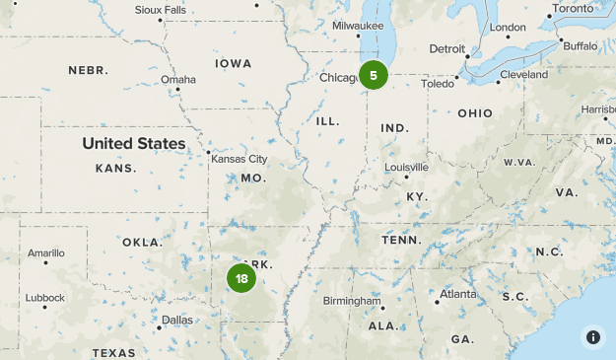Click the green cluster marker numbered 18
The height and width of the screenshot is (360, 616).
tap(241, 278)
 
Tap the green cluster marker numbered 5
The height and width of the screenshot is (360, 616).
tap(373, 75)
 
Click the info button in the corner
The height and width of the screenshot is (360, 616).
tap(592, 336)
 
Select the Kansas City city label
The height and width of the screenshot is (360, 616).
tap(238, 158)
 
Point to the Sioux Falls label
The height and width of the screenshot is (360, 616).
tap(159, 10)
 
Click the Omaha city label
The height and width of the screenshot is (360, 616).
tap(178, 80)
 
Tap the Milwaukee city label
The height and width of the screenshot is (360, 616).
tap(358, 26)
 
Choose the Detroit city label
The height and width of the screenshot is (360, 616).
tap(446, 48)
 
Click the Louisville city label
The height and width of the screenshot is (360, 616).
tap(406, 167)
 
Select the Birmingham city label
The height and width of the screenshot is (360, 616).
tap(352, 300)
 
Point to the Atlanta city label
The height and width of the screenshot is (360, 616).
tap(457, 294)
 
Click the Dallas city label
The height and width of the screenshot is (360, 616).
tap(177, 320)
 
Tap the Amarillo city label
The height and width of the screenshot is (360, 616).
tap(45, 252)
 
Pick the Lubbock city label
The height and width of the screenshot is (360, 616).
tap(45, 297)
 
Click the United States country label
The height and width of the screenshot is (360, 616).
tap(133, 143)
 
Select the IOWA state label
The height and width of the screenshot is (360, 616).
tap(234, 63)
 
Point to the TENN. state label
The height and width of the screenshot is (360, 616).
tap(401, 240)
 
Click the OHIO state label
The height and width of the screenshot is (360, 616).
tap(474, 113)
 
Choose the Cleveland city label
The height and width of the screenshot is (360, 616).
tap(523, 74)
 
